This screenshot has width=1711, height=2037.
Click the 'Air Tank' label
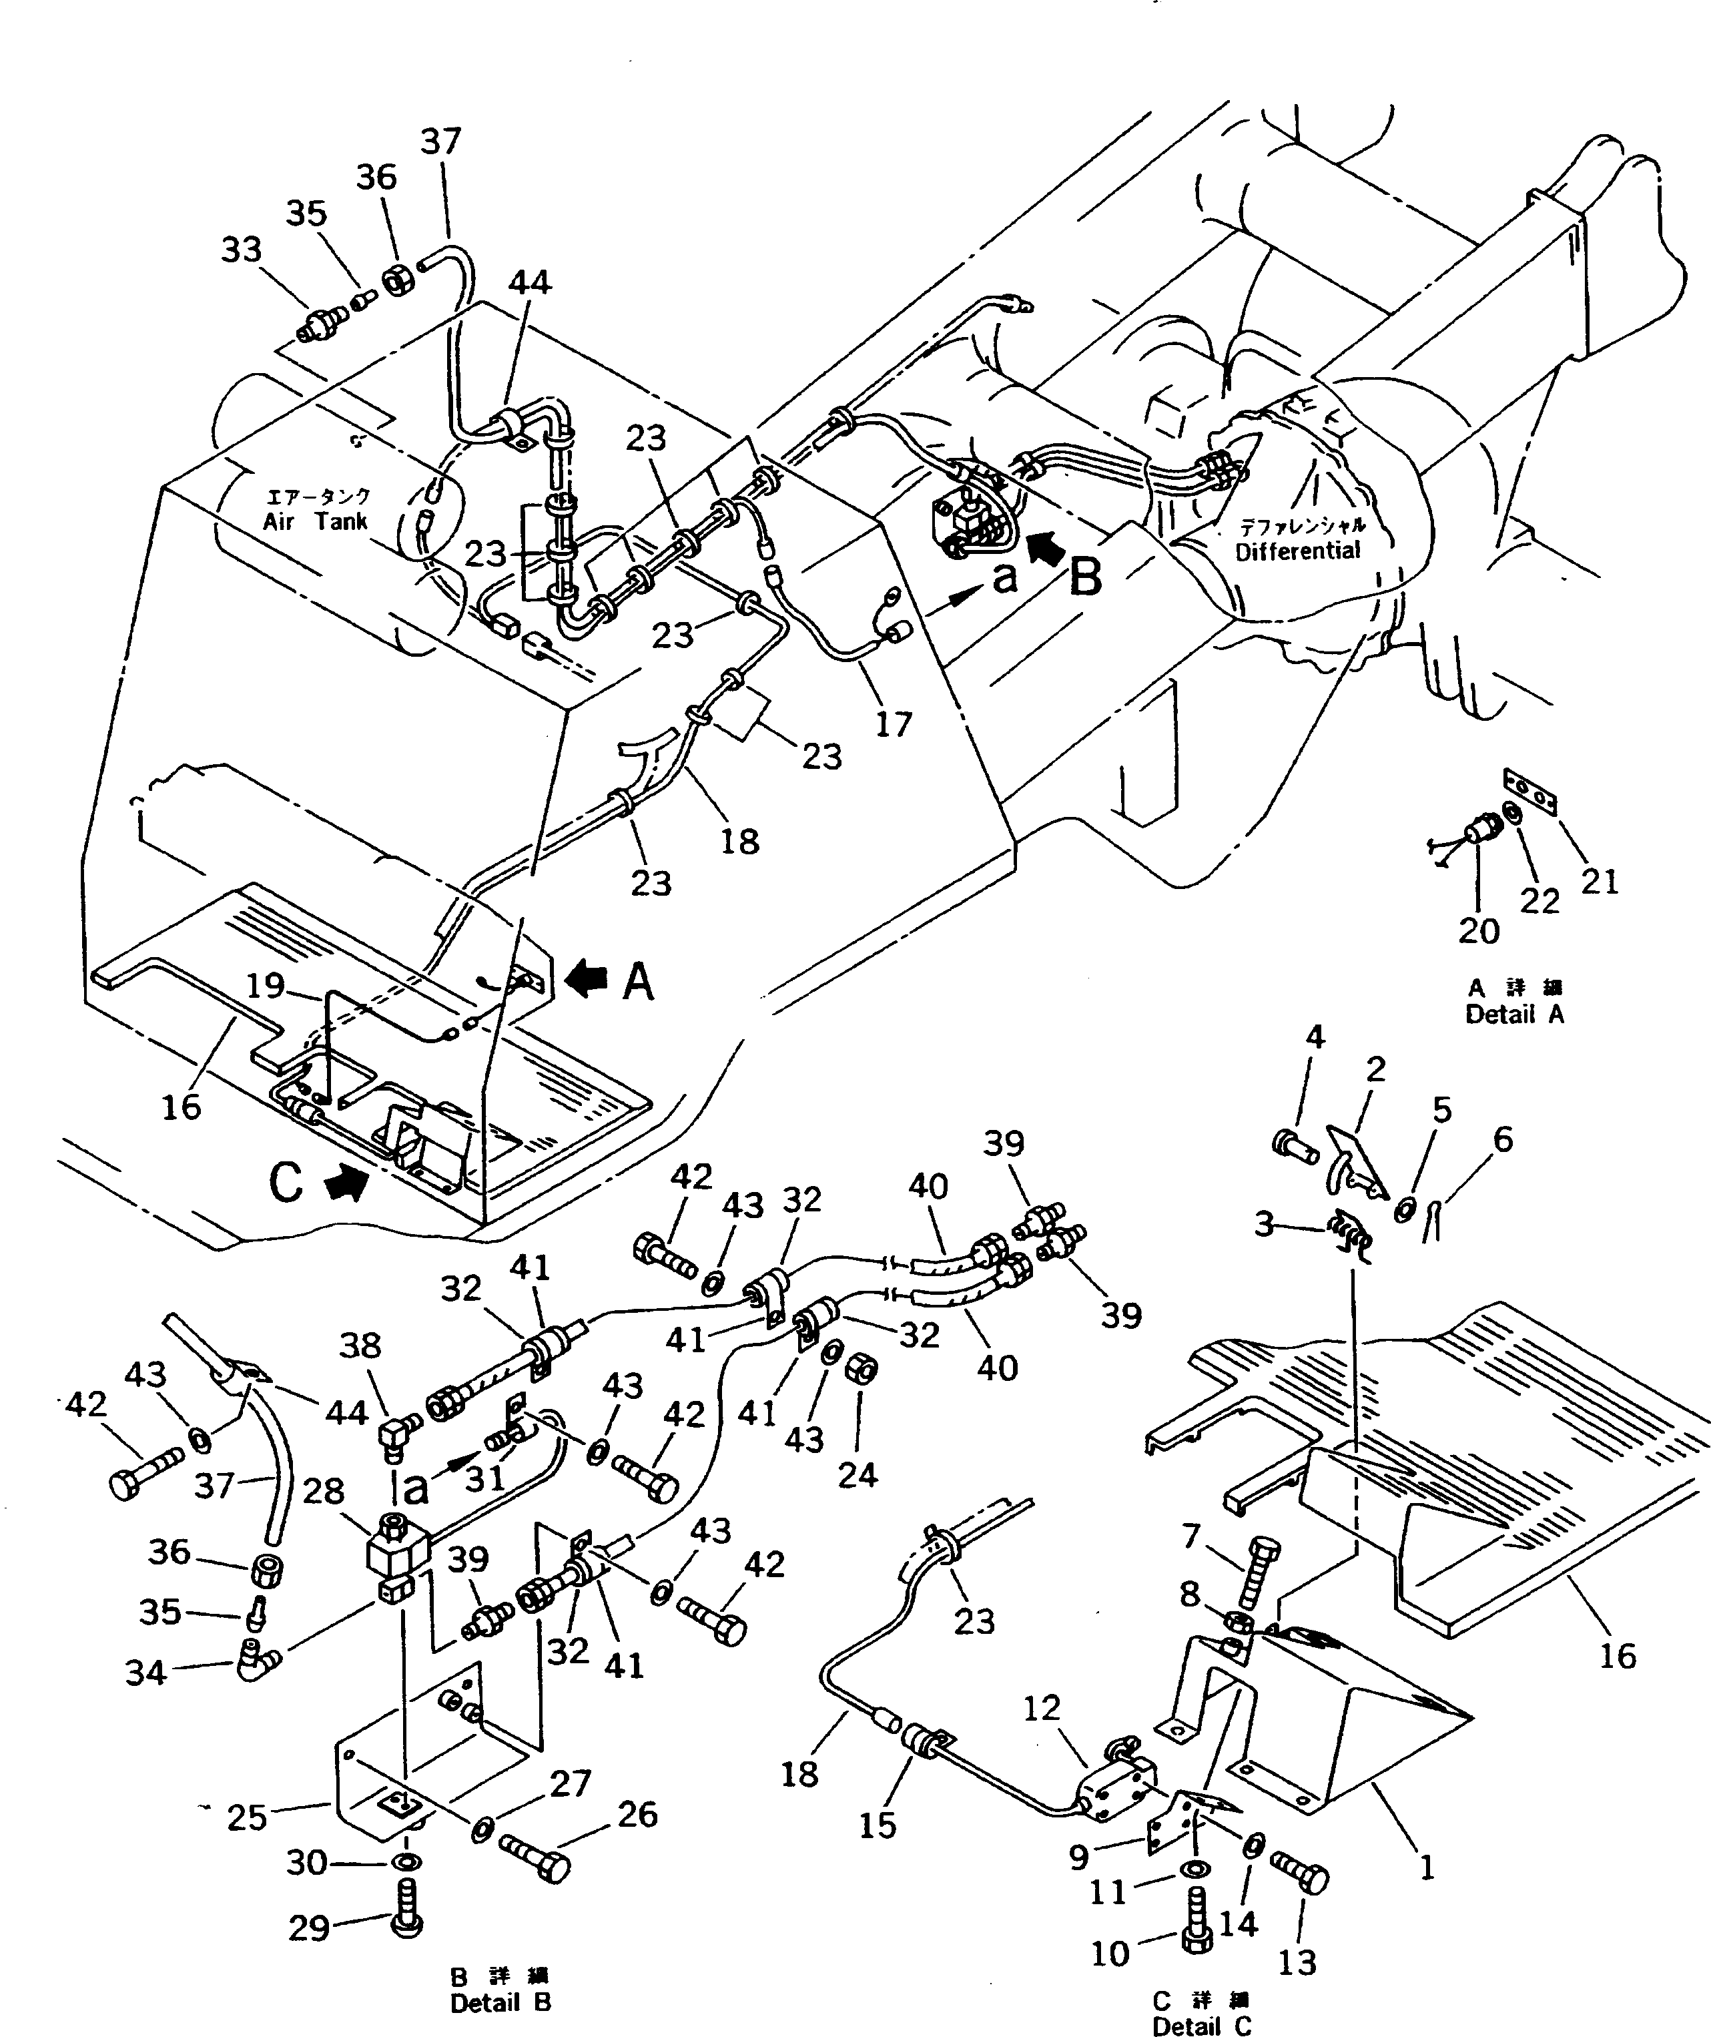pos(315,521)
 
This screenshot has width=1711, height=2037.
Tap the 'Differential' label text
pos(1298,551)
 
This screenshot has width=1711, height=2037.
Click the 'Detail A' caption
pos(1514,1014)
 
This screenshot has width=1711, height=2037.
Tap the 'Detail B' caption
pos(500,2002)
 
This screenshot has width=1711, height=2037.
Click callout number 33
pos(242,250)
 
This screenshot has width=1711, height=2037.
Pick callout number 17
pos(894,723)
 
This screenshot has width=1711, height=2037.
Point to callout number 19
pos(265,986)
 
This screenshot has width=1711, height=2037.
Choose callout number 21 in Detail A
pos(1600,881)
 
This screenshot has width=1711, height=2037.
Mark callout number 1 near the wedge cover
pos(1427,1867)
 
